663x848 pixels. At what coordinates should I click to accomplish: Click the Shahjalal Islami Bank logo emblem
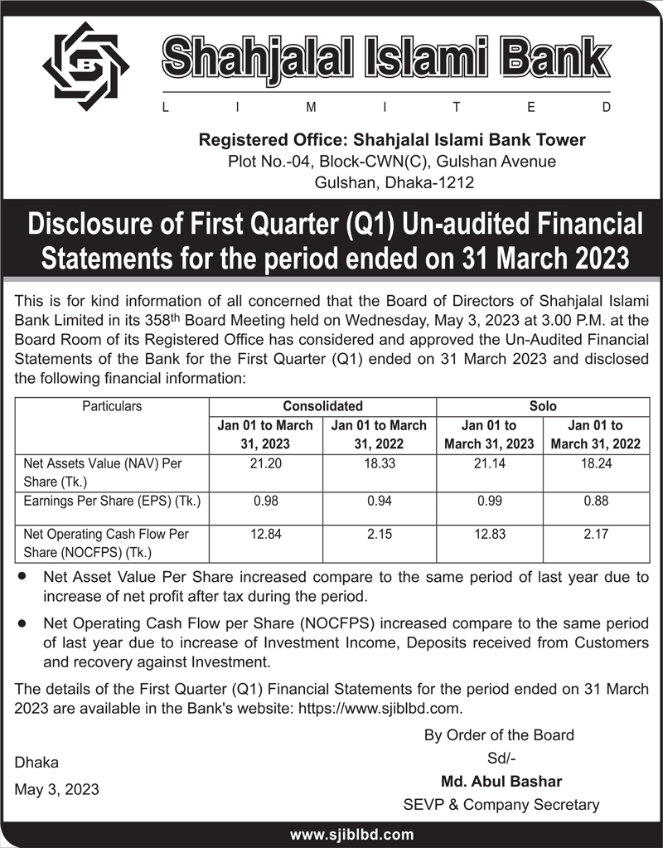pos(86,66)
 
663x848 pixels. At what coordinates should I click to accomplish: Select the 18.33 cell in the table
pos(379,463)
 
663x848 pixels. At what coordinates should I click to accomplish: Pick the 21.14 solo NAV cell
pos(489,463)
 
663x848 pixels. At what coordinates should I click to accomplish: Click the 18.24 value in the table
pos(595,463)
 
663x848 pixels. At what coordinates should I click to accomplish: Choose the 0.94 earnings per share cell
pos(379,501)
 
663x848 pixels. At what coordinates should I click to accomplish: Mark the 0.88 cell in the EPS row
pos(595,501)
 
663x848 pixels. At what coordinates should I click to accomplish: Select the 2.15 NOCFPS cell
pos(379,535)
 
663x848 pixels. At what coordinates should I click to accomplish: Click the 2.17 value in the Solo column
pos(595,535)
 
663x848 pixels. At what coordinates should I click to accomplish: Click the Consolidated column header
pos(322,406)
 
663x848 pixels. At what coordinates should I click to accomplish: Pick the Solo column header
pos(543,406)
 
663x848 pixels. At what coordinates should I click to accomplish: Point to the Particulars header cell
pos(112,406)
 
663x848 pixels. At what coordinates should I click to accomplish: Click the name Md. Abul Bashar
pos(501,782)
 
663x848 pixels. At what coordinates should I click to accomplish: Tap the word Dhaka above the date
pos(36,763)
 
